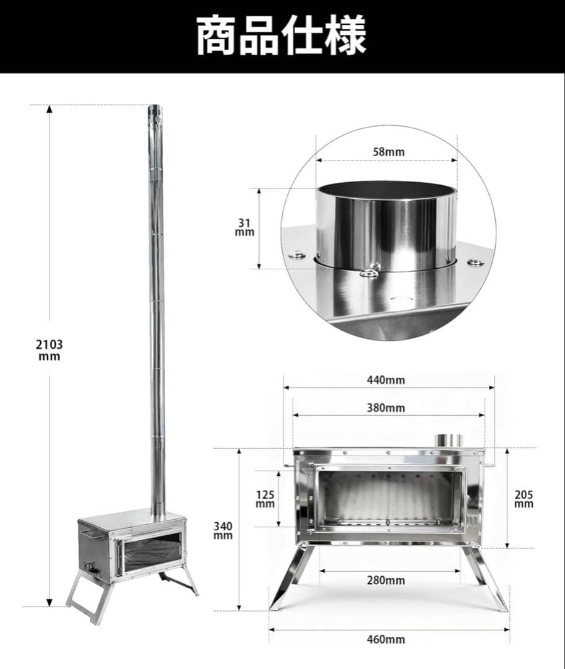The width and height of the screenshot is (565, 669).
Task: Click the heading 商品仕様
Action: pyautogui.click(x=282, y=36)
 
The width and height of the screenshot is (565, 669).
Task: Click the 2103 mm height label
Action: pyautogui.click(x=49, y=350)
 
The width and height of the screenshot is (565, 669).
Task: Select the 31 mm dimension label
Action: pyautogui.click(x=244, y=227)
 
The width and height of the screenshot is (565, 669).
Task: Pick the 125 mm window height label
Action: pyautogui.click(x=265, y=499)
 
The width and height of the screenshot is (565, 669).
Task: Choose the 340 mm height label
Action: pyautogui.click(x=223, y=530)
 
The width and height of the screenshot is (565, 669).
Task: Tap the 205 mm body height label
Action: pyautogui.click(x=524, y=499)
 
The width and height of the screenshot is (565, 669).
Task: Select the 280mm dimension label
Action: pyautogui.click(x=385, y=580)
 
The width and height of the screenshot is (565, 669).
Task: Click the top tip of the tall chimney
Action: pyautogui.click(x=154, y=110)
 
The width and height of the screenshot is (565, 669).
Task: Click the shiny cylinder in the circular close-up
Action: pyautogui.click(x=386, y=226)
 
